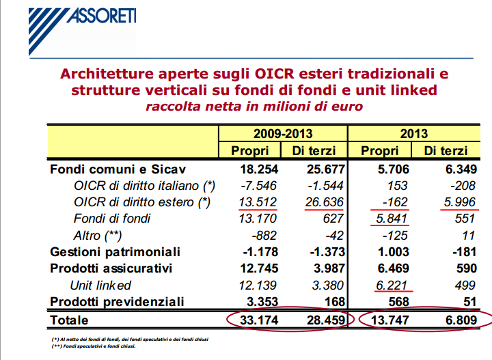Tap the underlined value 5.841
(x=393, y=219)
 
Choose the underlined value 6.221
(x=393, y=285)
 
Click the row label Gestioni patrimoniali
(x=115, y=252)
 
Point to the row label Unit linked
(x=100, y=285)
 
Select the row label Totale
(x=70, y=319)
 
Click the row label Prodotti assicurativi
(x=110, y=268)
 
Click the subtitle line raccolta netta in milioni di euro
(x=253, y=107)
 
